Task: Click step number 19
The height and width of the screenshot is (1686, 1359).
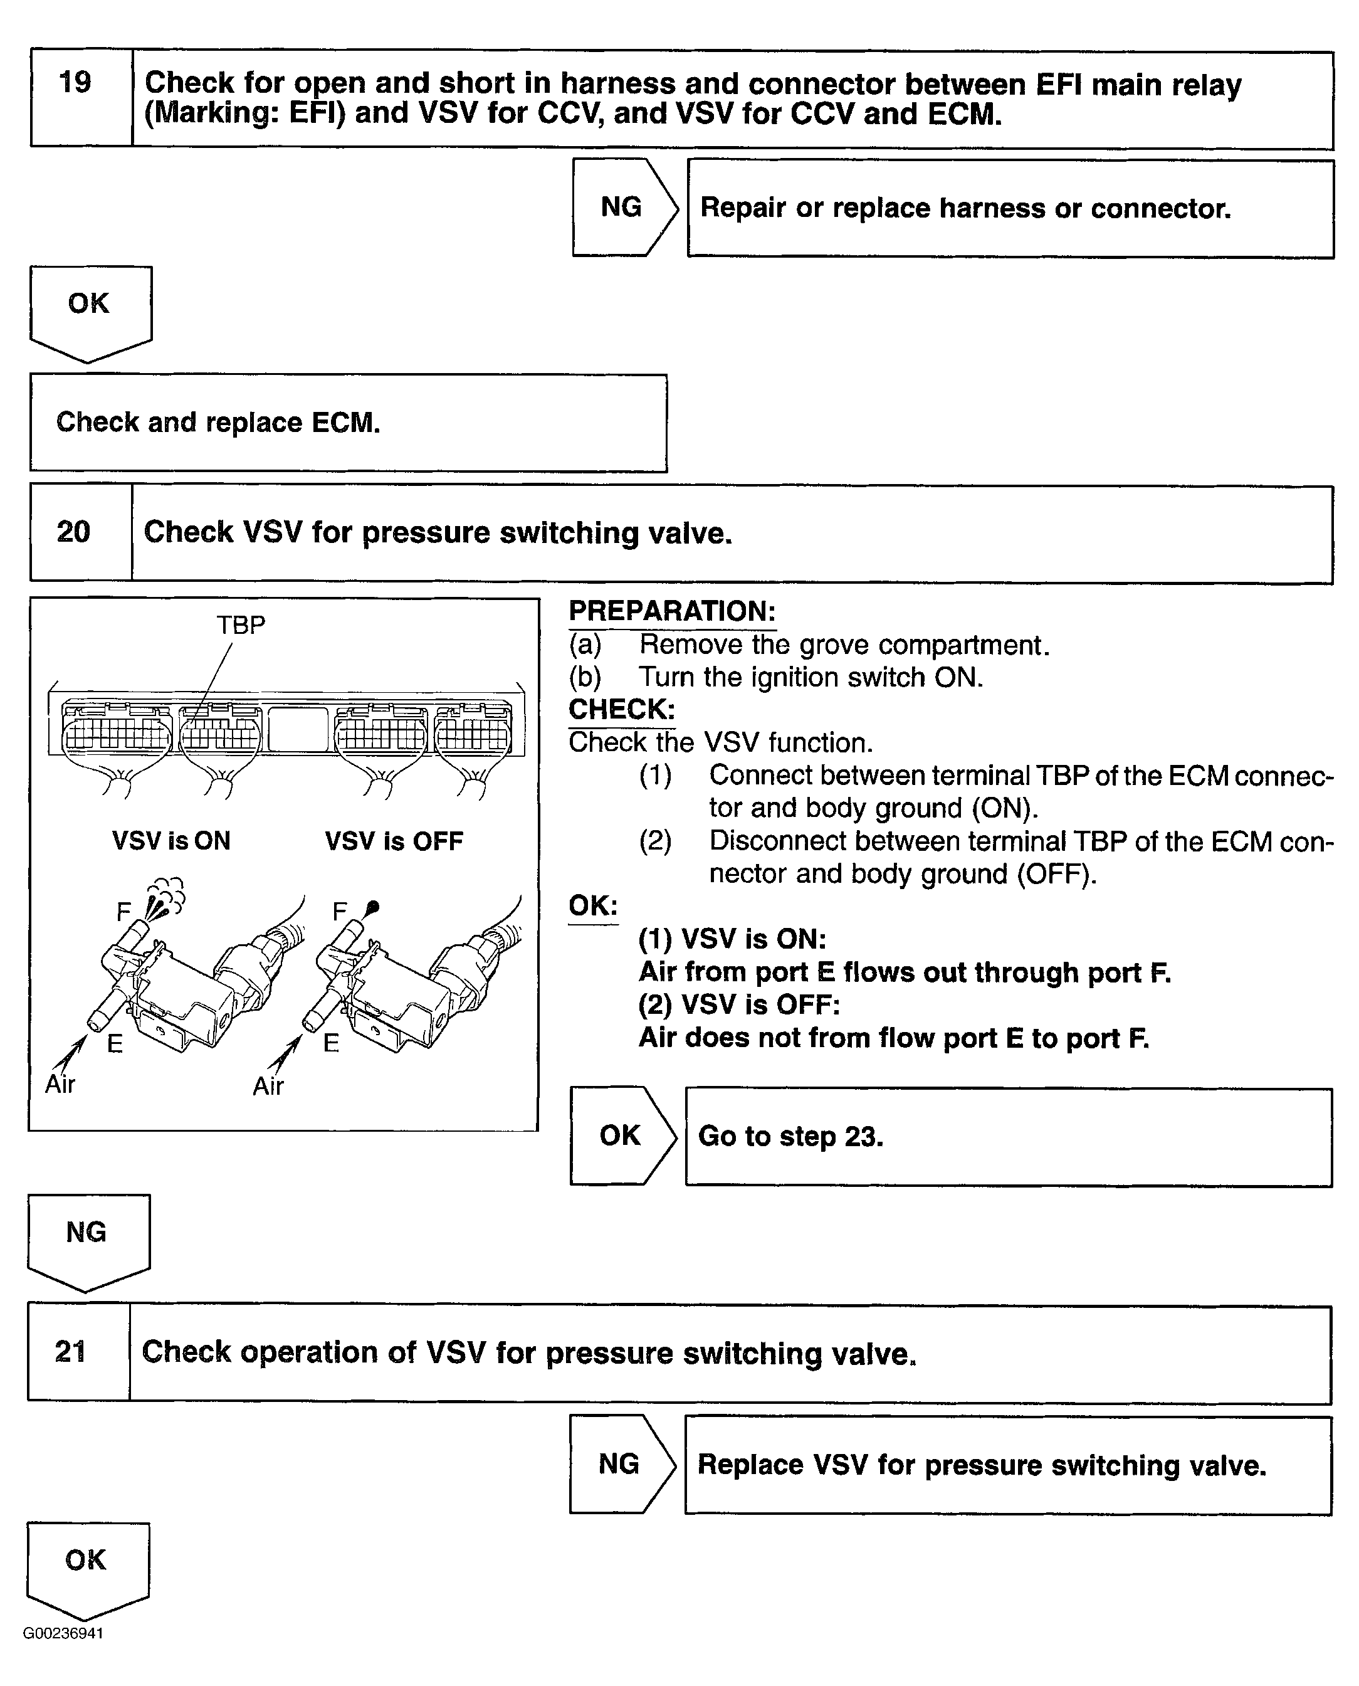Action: [75, 82]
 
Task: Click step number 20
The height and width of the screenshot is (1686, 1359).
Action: [73, 532]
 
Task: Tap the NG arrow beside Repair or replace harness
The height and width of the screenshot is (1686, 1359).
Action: [622, 207]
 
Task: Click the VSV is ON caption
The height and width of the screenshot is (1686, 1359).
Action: [171, 841]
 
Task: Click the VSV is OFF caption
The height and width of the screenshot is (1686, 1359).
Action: [394, 841]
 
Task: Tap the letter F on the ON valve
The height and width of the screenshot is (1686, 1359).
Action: [123, 912]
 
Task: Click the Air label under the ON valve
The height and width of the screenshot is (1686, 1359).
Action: [60, 1085]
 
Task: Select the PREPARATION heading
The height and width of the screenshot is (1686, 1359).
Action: [672, 611]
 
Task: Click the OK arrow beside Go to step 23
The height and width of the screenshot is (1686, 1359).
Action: [619, 1135]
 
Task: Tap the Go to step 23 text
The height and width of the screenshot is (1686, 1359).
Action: [790, 1135]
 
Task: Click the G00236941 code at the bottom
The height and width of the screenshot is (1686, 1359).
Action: [63, 1633]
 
